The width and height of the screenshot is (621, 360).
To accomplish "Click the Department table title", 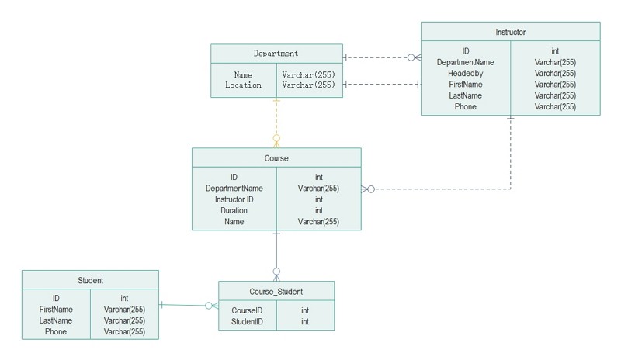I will (x=276, y=54).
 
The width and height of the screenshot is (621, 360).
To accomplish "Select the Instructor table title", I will (x=510, y=32).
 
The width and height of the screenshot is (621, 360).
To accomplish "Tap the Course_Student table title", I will (x=276, y=292).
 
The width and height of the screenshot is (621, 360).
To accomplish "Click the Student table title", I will (x=90, y=280).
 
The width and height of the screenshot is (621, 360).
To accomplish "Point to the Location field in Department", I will (x=243, y=85).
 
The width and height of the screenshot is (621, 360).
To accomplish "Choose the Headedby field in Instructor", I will (x=465, y=73).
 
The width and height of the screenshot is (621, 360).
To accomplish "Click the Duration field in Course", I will (x=234, y=210).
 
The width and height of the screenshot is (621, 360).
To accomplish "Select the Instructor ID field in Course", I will (x=234, y=199).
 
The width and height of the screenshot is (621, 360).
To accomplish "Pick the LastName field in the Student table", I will (x=55, y=320).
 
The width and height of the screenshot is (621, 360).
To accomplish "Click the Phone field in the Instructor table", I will (x=465, y=107).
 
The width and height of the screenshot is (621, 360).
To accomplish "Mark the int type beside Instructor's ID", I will (x=555, y=50).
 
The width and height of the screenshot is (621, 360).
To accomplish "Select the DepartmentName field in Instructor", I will (x=465, y=62).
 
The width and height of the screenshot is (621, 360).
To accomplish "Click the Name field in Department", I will (x=243, y=75).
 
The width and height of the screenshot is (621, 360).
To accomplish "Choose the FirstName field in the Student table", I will (x=55, y=310).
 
